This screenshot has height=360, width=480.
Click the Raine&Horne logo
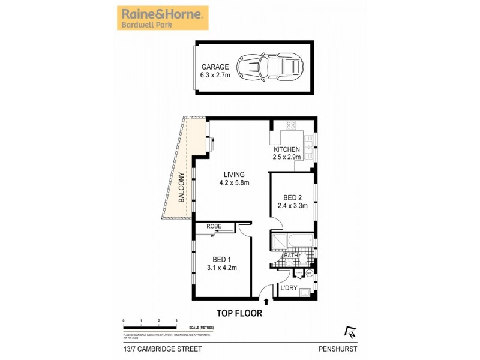click(x=161, y=17)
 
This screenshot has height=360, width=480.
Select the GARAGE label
click(x=215, y=67)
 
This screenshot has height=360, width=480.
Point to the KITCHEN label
click(x=286, y=149)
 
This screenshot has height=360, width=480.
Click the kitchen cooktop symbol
click(x=291, y=125)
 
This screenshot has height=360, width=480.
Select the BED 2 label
click(x=292, y=197)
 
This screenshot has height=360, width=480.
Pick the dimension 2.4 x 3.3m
click(x=292, y=205)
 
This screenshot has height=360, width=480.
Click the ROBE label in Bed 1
click(x=214, y=227)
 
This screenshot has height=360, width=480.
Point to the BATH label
click(x=291, y=256)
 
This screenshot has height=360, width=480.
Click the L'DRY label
click(x=289, y=288)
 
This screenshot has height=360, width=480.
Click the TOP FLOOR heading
click(x=239, y=313)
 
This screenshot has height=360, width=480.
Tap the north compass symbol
click(x=350, y=331)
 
